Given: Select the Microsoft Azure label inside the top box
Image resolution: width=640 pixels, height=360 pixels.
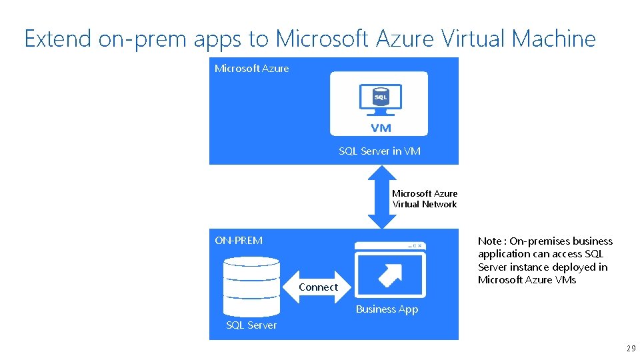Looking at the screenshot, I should [252, 69].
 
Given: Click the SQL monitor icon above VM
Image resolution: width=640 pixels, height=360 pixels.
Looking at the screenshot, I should [380, 99].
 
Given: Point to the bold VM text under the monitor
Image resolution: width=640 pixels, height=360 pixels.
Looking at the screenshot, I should [381, 128].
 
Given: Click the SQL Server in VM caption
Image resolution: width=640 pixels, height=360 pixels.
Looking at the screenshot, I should [379, 151].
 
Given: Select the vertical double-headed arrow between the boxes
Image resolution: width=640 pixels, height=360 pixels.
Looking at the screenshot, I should [381, 197].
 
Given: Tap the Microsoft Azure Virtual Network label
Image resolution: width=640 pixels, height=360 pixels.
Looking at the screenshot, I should [425, 199].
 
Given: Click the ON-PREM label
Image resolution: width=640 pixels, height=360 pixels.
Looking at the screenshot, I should [239, 240].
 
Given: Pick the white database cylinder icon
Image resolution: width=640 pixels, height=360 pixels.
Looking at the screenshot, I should [251, 287].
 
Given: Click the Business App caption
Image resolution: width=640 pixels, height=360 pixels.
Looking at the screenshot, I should [387, 309].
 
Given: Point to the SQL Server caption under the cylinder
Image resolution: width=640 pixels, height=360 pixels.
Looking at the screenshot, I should [251, 325].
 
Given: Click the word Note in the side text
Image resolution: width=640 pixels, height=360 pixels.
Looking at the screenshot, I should [489, 241].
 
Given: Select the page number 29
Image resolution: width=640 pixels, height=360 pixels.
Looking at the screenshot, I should [631, 349].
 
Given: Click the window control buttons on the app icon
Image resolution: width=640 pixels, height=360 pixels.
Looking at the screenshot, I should [415, 246].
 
